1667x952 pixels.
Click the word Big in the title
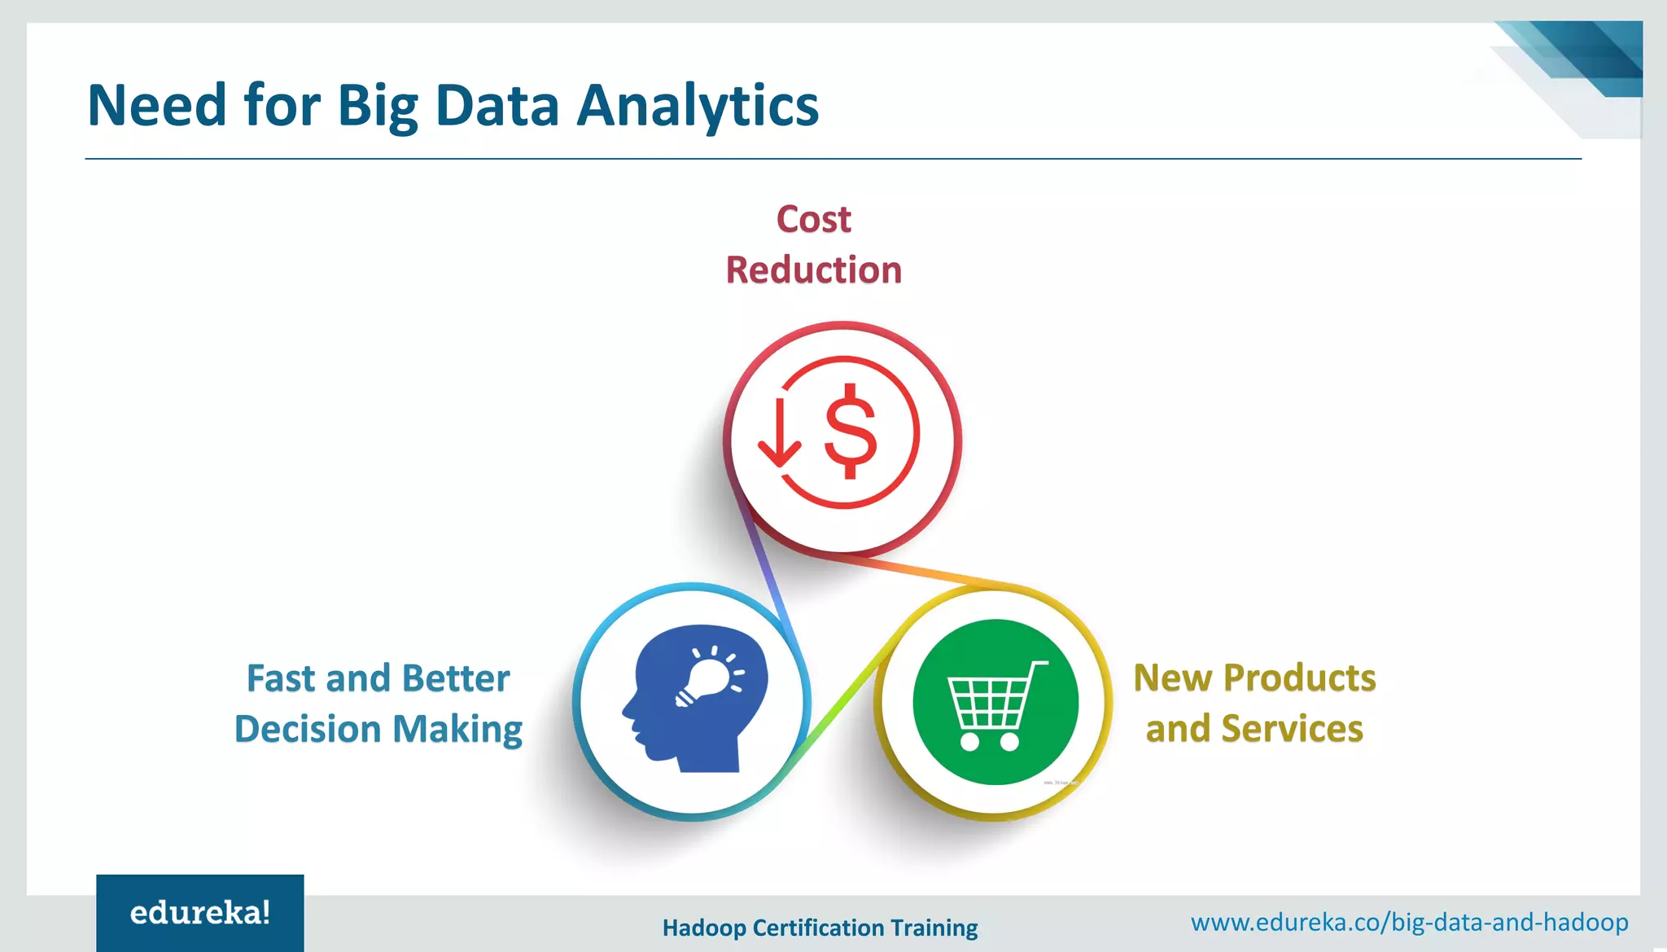point(377,107)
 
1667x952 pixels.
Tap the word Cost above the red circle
point(813,219)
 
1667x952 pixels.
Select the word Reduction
point(813,270)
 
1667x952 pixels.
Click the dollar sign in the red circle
point(851,432)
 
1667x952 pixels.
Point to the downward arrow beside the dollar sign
point(779,436)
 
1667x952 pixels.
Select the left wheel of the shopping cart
point(969,741)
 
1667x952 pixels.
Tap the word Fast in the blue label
point(281,678)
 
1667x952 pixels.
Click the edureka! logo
point(199,913)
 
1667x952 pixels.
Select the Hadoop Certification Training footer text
point(820,928)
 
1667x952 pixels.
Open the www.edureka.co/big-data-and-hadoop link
point(1409,922)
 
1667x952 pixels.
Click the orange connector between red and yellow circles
point(920,571)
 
